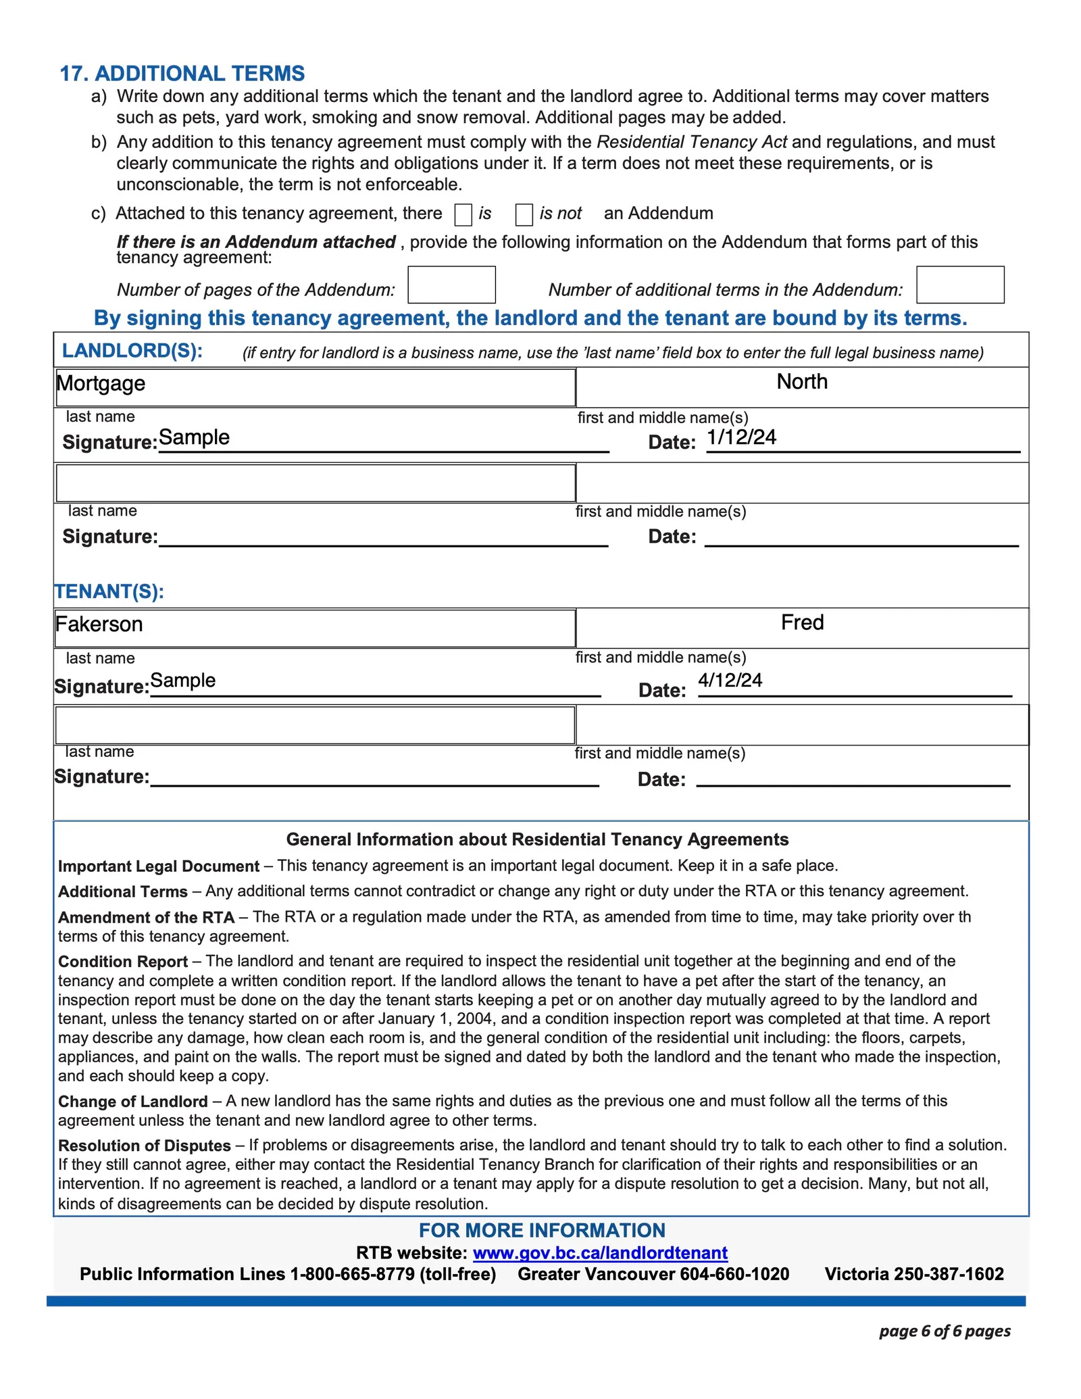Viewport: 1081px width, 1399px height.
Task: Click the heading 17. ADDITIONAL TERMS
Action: click(182, 73)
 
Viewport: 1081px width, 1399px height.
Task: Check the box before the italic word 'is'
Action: click(463, 215)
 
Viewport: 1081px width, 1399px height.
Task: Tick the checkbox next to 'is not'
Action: click(524, 215)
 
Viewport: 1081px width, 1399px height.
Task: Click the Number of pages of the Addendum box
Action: click(451, 285)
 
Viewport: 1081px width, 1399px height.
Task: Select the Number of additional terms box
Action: click(960, 285)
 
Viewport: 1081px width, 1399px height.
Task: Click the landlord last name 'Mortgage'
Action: click(101, 383)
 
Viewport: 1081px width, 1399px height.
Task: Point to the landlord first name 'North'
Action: click(802, 382)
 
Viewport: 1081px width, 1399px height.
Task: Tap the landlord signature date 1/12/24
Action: click(741, 437)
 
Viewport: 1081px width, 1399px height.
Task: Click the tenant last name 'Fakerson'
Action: click(99, 624)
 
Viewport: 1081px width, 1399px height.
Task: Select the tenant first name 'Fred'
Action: click(802, 622)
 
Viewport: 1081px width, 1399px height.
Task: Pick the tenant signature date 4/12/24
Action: click(730, 680)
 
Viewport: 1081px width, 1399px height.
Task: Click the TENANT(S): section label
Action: click(109, 591)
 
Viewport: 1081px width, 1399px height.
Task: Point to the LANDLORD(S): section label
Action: click(132, 351)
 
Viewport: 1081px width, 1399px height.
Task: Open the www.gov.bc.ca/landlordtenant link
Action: click(600, 1253)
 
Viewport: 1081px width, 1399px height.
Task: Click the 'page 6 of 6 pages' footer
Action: click(945, 1331)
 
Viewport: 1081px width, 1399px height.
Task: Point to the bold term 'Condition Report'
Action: click(123, 962)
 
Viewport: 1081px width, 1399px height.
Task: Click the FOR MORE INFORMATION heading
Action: click(542, 1231)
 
